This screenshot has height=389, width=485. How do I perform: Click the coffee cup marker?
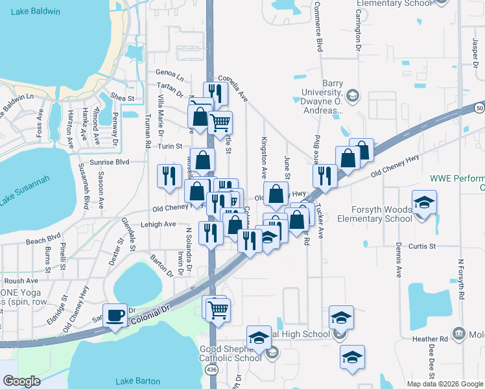pos(115,316)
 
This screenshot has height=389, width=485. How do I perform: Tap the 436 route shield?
pos(211,369)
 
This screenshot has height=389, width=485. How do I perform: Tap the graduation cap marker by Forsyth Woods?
pos(424,204)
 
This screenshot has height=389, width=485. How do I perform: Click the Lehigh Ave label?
pos(158,224)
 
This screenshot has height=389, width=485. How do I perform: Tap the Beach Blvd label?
pos(44,239)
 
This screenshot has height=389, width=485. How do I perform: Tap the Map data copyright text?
pos(444,384)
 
